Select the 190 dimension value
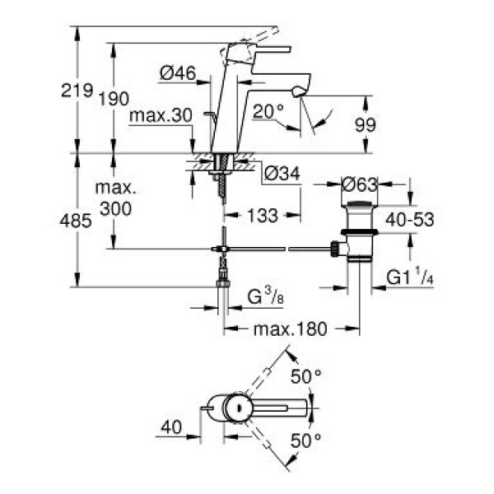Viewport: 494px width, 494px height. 114,99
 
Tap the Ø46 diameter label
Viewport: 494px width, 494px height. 177,73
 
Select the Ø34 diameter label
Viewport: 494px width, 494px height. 282,174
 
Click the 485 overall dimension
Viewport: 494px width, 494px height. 76,221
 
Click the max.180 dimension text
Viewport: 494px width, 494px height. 291,329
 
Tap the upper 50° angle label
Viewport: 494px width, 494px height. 306,376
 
